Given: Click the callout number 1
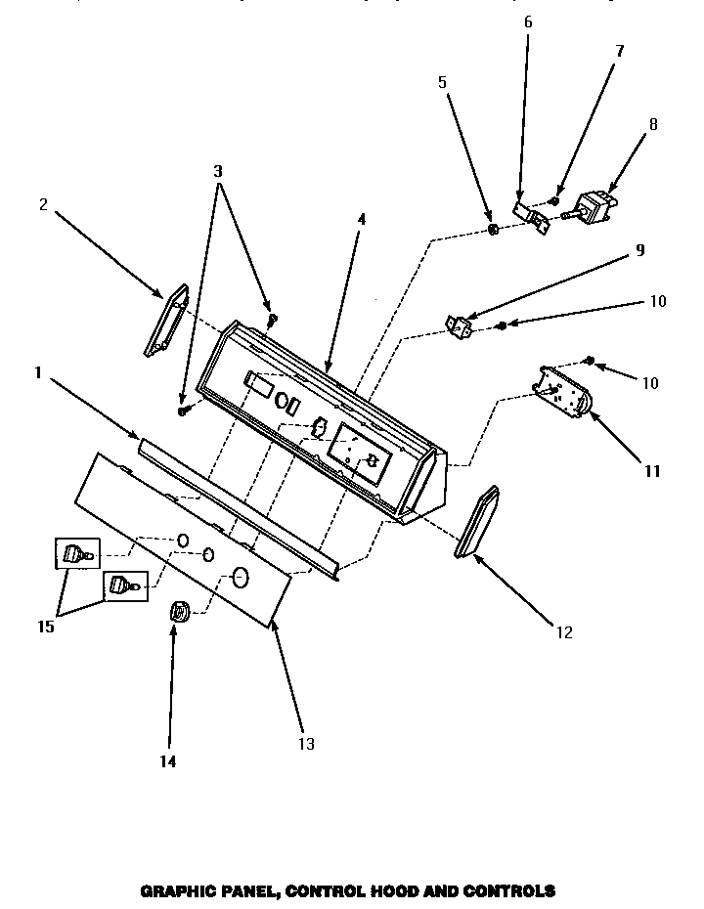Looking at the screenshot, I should coord(37,372).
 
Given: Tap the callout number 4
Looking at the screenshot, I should coord(361,220).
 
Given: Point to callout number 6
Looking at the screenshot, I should coord(528,22).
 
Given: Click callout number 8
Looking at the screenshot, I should coord(653,124).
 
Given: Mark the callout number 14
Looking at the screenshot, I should coord(168,760).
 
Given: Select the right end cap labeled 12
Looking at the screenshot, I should coord(476,525).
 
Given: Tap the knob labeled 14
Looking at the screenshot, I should coord(179,613).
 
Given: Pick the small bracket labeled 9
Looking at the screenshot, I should coord(458,325).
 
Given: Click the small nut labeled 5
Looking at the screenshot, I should coord(494,231).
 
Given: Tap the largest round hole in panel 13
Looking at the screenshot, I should coord(241,578).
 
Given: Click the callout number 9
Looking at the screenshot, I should coord(639,249).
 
